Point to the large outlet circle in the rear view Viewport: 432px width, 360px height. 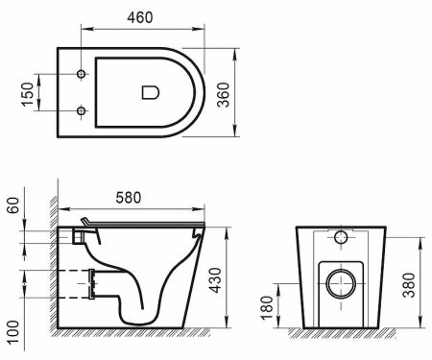[x=341, y=284]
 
